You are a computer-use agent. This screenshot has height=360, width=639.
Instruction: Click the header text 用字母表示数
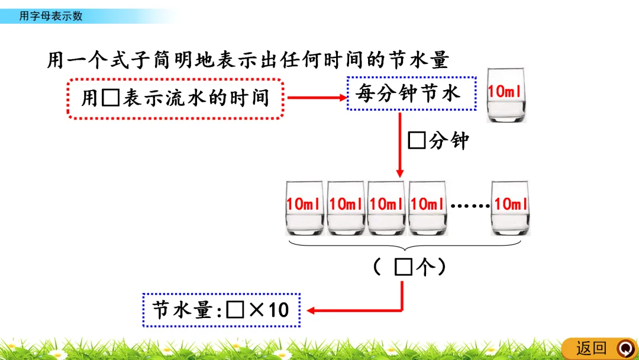51,16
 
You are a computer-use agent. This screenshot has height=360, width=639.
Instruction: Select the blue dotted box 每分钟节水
411,94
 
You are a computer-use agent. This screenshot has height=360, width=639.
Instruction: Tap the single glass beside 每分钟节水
506,95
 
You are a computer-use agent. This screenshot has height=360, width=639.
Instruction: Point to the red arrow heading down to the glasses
400,145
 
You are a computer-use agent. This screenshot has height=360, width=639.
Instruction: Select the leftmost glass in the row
304,208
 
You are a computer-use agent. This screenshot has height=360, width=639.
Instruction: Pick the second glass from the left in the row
346,208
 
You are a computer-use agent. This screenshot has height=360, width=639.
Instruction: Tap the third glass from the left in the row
386,208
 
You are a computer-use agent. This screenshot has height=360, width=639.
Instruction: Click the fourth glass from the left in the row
427,208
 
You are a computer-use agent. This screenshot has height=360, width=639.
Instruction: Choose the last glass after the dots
511,208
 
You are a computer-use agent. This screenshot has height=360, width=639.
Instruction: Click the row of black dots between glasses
470,206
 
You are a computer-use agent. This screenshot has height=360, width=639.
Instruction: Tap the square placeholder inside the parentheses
403,268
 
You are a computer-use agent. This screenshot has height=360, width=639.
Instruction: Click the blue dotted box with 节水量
221,310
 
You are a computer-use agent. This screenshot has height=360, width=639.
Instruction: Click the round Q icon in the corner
624,348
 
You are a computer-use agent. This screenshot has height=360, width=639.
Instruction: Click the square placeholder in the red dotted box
110,98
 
